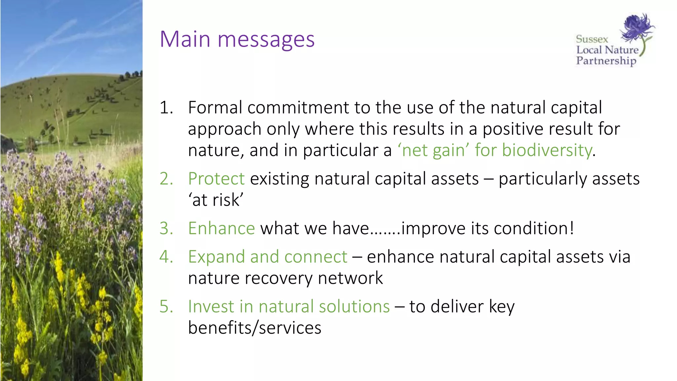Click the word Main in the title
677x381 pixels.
coord(185,39)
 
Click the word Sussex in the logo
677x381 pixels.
coord(592,39)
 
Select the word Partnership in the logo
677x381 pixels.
coord(606,61)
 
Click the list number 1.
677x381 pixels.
coord(166,108)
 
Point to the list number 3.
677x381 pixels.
coord(166,229)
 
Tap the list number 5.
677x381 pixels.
coord(166,307)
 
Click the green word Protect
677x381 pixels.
coord(216,179)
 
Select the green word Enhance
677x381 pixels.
coord(221,229)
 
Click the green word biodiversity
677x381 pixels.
coord(547,150)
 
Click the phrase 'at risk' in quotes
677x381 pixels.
coord(216,200)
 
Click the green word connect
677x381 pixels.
coord(316,257)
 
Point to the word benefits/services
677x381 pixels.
coord(255,328)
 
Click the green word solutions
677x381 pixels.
coord(354,307)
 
